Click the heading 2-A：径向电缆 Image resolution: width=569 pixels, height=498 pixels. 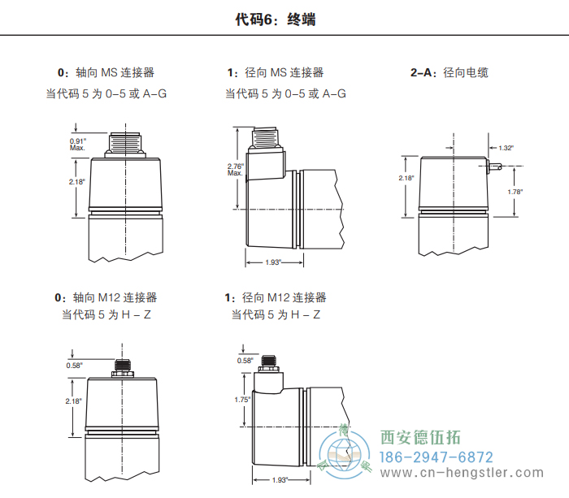click(449, 72)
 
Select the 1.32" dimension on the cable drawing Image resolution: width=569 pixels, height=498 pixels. click(506, 148)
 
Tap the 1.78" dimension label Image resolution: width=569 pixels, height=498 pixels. click(514, 192)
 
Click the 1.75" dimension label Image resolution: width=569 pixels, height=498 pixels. click(241, 400)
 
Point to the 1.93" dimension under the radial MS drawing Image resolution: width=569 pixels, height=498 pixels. click(274, 262)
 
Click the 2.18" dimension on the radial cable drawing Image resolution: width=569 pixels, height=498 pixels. click(406, 178)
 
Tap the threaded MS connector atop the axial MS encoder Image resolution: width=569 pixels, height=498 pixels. click(125, 144)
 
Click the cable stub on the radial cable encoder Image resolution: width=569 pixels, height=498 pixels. click(495, 168)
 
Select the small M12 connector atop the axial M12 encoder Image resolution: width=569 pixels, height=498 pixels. click(124, 369)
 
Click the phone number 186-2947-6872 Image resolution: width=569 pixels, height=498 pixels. click(437, 457)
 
